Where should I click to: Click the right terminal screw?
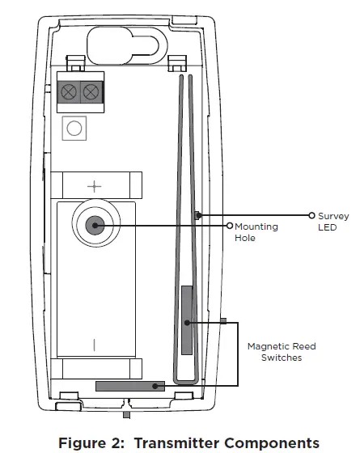[91, 91]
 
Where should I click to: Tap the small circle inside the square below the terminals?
[75, 128]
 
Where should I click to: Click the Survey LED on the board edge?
[197, 215]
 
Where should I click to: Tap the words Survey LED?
[333, 222]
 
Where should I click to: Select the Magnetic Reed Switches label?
[282, 352]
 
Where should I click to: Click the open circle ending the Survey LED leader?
[311, 215]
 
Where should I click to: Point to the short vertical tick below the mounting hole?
[95, 343]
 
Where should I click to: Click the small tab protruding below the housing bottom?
[125, 414]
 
